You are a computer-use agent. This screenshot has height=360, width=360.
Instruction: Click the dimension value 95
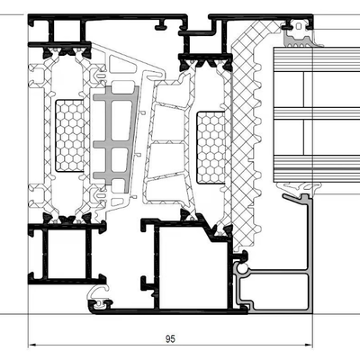pos(170,339)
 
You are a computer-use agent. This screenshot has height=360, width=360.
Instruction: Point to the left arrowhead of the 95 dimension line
pos(32,345)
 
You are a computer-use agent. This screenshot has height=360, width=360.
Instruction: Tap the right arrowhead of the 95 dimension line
pos(309,345)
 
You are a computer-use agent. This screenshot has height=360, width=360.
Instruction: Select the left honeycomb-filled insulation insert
pos(70,136)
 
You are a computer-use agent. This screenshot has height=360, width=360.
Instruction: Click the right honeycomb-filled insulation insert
pos(211,148)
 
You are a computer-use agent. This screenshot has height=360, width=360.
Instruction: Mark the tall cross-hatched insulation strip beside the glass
pos(244,135)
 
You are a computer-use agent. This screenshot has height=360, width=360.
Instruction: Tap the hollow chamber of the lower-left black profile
pos(67,254)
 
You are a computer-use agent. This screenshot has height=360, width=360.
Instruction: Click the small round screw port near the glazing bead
pos(241,267)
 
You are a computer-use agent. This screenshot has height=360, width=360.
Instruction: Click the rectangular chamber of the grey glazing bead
pos(275,291)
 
